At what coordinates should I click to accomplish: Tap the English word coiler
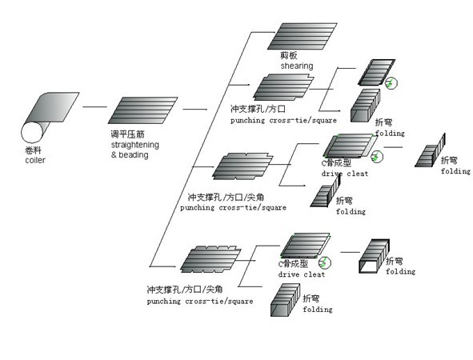click(x=33, y=161)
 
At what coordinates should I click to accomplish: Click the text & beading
click(x=129, y=154)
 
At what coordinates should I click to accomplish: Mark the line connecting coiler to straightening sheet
click(x=94, y=106)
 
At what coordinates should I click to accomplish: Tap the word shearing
click(x=297, y=66)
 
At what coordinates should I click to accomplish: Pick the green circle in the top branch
click(x=392, y=82)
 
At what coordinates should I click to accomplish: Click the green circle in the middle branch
click(x=377, y=156)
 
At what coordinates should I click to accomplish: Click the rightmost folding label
click(x=455, y=171)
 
